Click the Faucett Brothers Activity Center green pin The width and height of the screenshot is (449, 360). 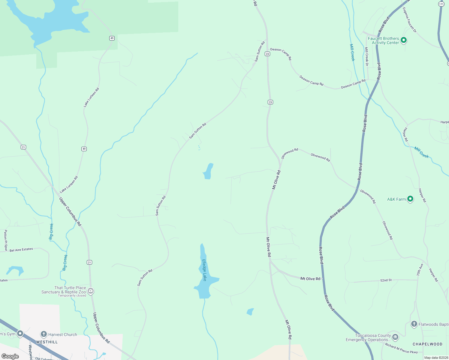[404, 40]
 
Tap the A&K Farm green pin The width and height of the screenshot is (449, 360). [410, 199]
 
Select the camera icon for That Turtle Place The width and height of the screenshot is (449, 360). [91, 291]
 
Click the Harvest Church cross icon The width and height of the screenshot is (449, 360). [44, 334]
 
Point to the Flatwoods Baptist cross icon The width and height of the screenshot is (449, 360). [414, 324]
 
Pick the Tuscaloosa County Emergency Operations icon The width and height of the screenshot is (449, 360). [395, 337]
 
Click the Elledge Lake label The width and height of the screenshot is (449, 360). [204, 270]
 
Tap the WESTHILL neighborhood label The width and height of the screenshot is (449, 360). [47, 342]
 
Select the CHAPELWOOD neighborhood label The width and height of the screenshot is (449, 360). [427, 344]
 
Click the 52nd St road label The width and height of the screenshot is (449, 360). [386, 280]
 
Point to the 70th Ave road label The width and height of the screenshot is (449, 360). [419, 270]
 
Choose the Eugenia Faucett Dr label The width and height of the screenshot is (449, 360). [409, 20]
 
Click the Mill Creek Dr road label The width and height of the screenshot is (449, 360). [366, 56]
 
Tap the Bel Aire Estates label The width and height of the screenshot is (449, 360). [21, 250]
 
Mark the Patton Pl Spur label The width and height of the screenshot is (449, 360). [5, 240]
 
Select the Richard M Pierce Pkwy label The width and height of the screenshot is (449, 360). [401, 349]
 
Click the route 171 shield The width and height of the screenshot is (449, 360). [441, 4]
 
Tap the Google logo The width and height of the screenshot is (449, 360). [10, 356]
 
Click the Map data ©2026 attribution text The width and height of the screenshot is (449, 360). [435, 358]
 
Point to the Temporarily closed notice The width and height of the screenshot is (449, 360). [72, 295]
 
